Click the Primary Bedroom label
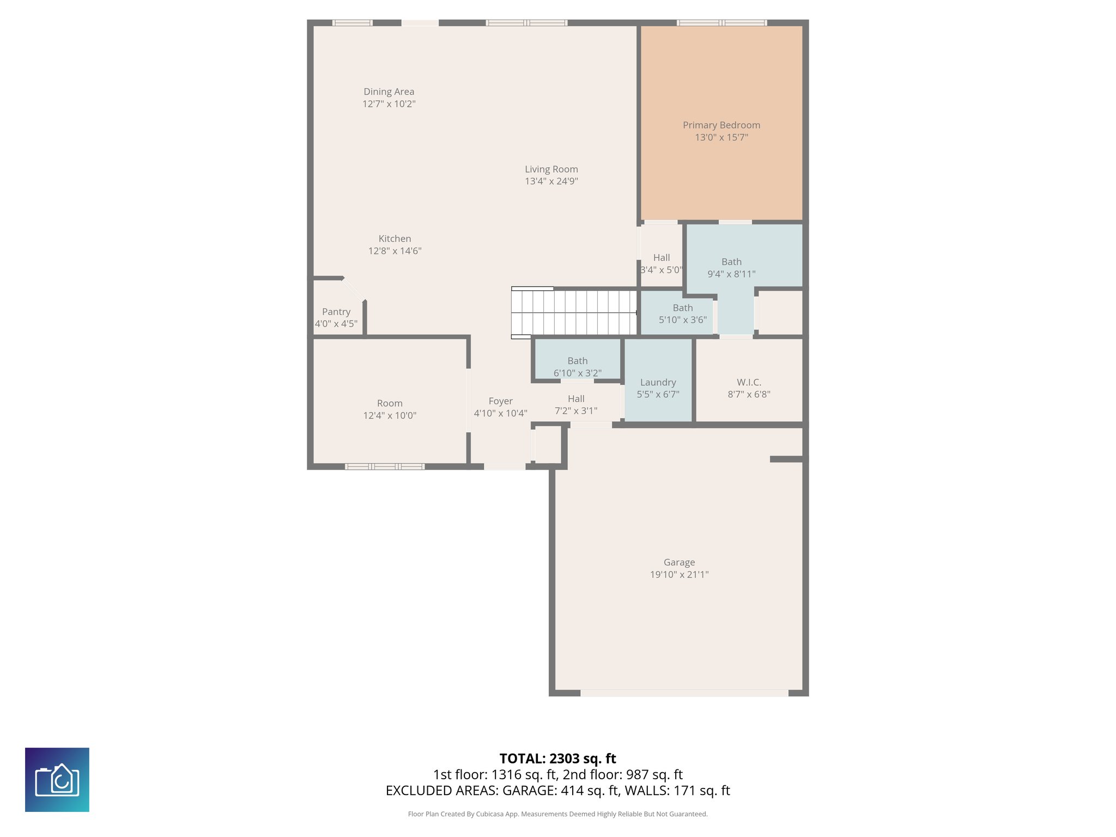click(721, 125)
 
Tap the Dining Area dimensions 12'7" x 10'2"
click(389, 104)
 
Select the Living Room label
click(551, 169)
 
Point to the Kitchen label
click(395, 239)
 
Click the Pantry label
click(336, 312)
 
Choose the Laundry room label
click(658, 383)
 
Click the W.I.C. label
click(749, 383)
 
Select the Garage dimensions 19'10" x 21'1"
click(679, 574)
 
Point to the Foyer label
click(500, 401)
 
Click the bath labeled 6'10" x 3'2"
click(577, 367)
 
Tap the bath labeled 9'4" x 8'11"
click(731, 268)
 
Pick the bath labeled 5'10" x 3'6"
click(682, 314)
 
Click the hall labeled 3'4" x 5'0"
click(661, 263)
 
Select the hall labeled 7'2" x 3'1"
click(576, 405)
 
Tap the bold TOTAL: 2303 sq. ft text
click(557, 759)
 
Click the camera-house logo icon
click(57, 780)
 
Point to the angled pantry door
click(353, 289)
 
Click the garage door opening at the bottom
click(684, 693)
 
